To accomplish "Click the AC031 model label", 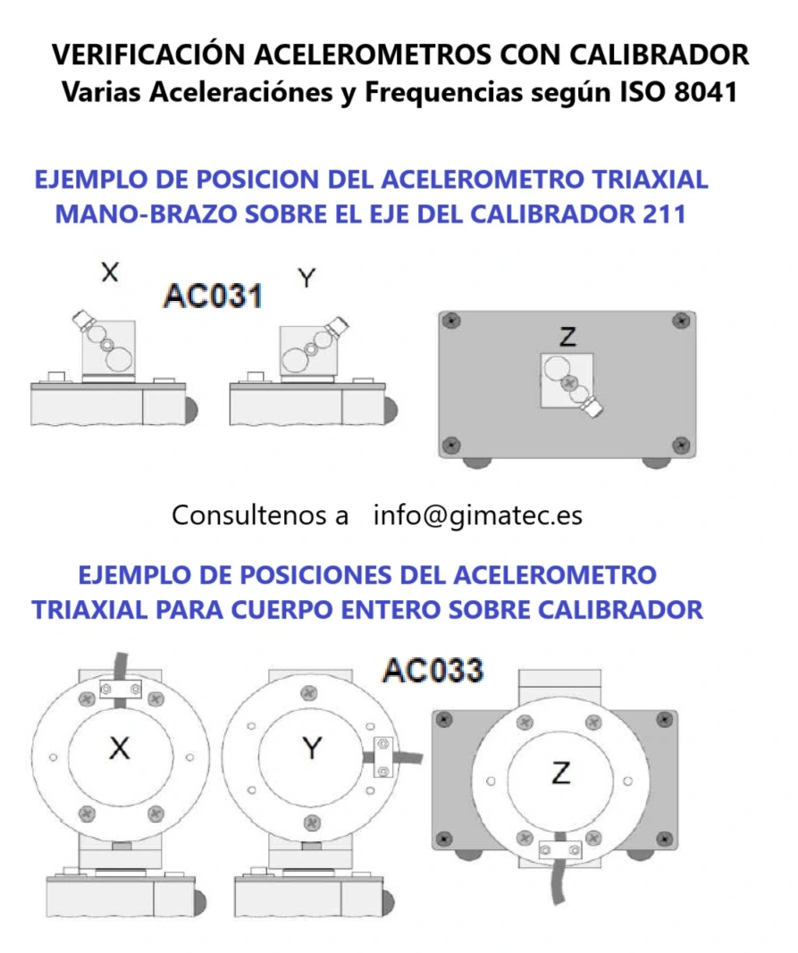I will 213,296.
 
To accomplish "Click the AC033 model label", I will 433,670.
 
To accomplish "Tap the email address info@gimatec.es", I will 477,515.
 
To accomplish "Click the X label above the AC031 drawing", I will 109,272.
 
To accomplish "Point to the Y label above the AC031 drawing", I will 307,278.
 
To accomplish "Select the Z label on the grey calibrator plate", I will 567,338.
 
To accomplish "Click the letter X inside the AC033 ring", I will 119,748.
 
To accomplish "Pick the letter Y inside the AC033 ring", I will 311,748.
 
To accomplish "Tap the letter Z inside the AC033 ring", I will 560,773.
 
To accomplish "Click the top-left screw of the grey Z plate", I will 453,319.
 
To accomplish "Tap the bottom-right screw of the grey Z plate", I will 681,444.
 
